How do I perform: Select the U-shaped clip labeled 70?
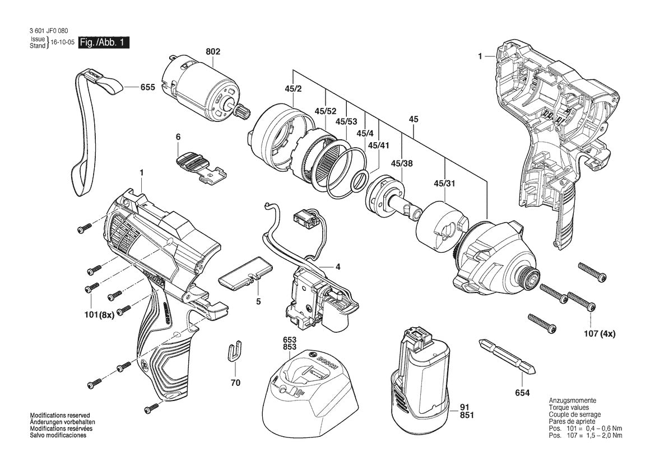(235, 352)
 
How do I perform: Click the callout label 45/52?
(326, 111)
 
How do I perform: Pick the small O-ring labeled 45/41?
(360, 181)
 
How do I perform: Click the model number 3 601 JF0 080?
(47, 31)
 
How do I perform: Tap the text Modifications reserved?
(59, 415)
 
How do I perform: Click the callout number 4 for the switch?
(337, 267)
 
